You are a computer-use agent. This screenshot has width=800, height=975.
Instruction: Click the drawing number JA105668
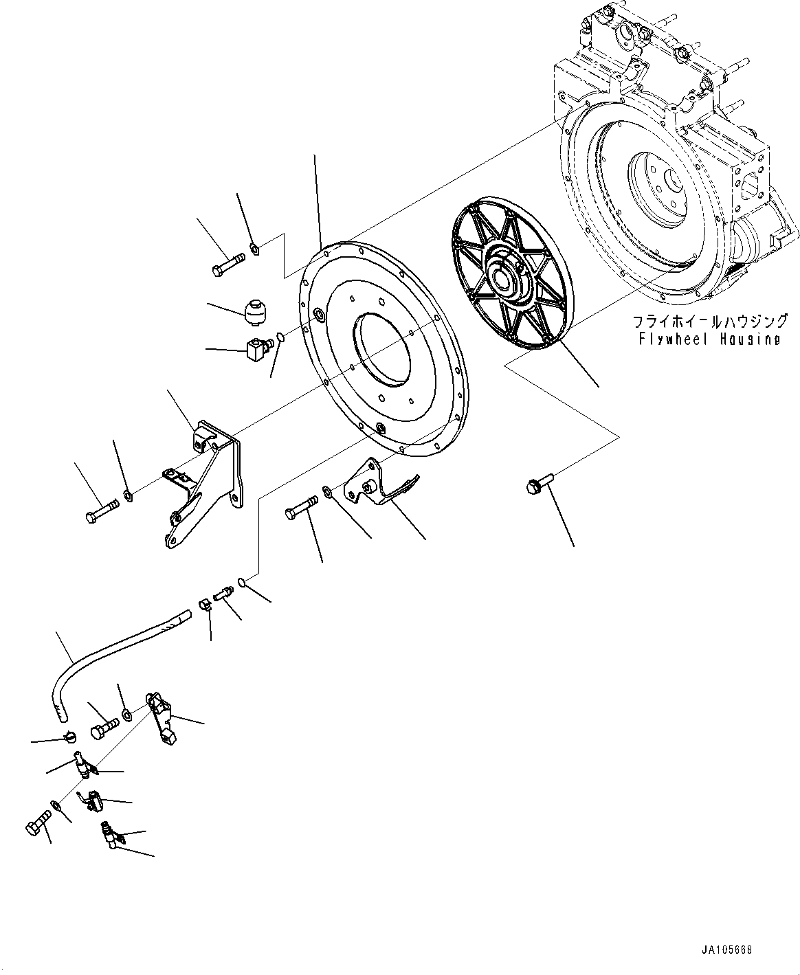point(727,950)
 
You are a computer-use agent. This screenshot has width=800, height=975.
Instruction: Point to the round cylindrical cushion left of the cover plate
point(255,312)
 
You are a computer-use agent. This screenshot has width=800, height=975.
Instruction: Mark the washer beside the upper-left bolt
point(254,248)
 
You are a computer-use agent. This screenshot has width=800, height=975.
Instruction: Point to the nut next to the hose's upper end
point(204,605)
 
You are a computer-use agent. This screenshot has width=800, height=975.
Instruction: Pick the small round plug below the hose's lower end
point(67,737)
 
